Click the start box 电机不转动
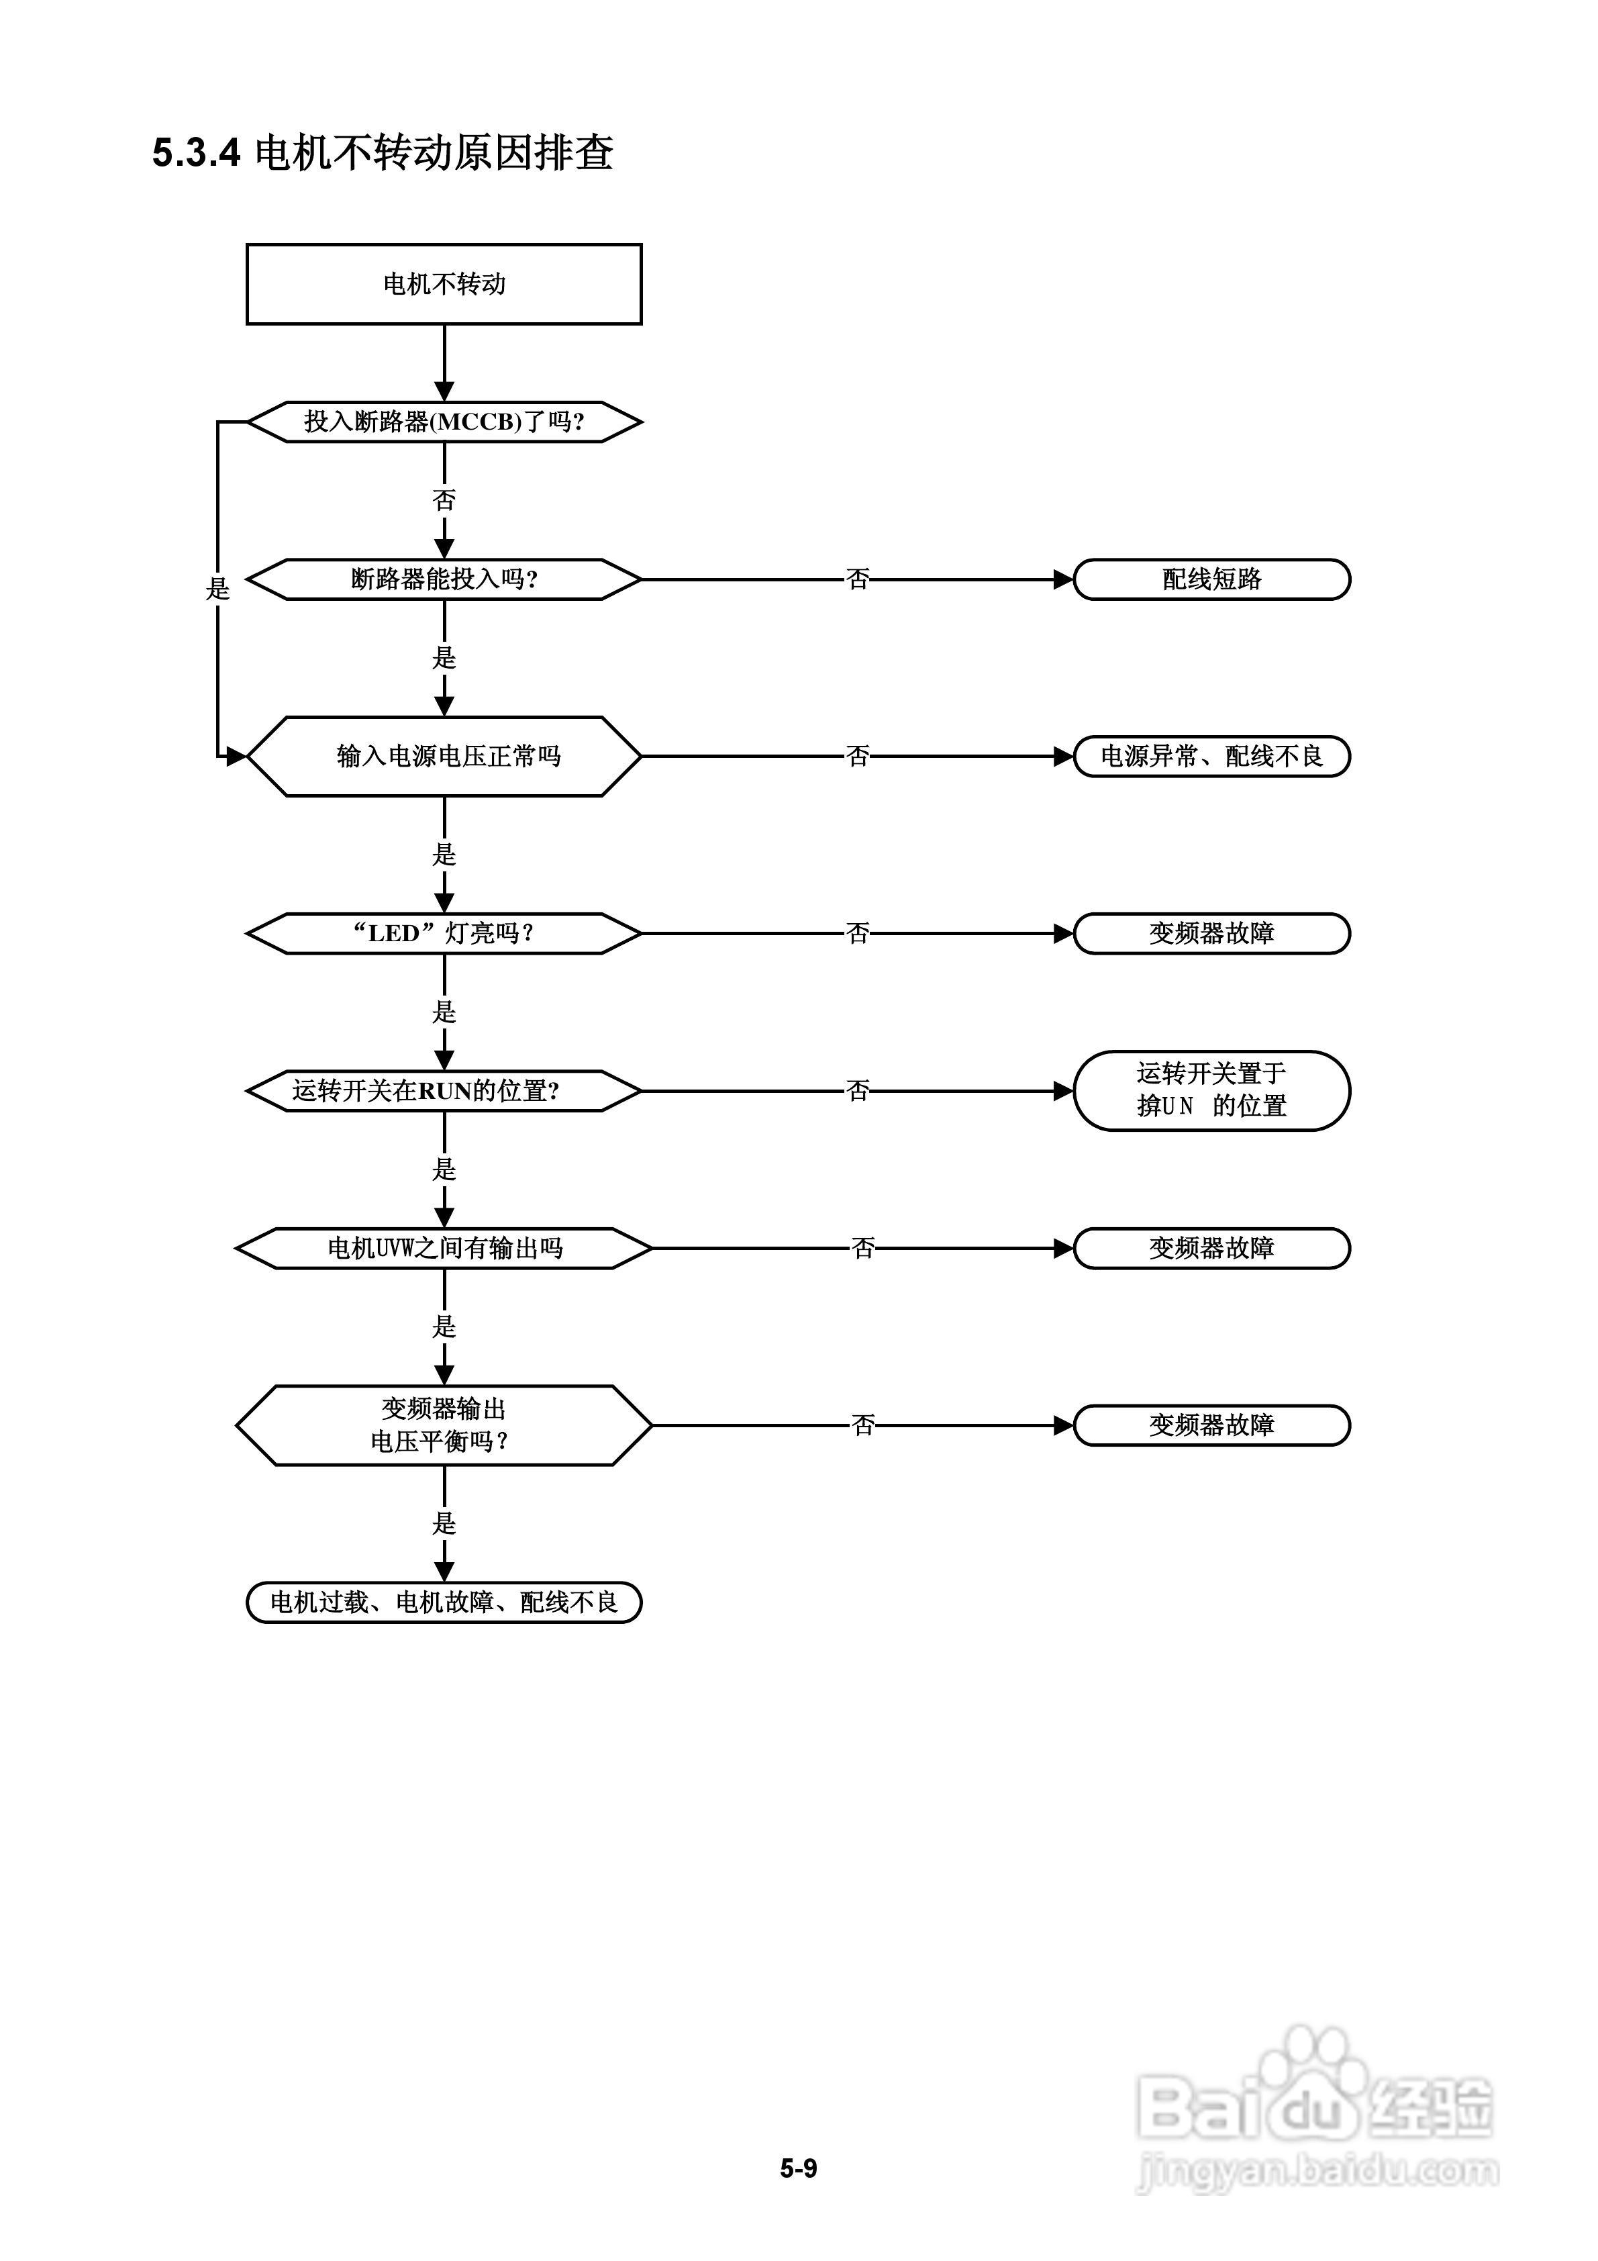click(x=444, y=283)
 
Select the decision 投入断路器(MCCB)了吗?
click(x=444, y=422)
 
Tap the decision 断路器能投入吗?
click(x=444, y=579)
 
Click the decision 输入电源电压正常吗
click(x=444, y=757)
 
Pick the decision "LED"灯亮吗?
click(x=444, y=932)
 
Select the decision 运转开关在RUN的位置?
click(x=444, y=1091)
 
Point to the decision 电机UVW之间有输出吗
click(x=444, y=1248)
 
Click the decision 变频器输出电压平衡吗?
click(x=444, y=1425)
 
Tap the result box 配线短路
click(x=1211, y=579)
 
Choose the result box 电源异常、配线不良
click(x=1211, y=757)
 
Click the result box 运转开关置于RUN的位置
click(x=1211, y=1090)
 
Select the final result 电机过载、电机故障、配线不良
click(x=444, y=1602)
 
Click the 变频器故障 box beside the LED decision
click(x=1211, y=932)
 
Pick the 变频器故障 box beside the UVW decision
click(x=1211, y=1248)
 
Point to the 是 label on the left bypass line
click(x=217, y=589)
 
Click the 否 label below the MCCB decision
click(x=444, y=500)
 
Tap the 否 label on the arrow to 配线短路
click(x=858, y=579)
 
